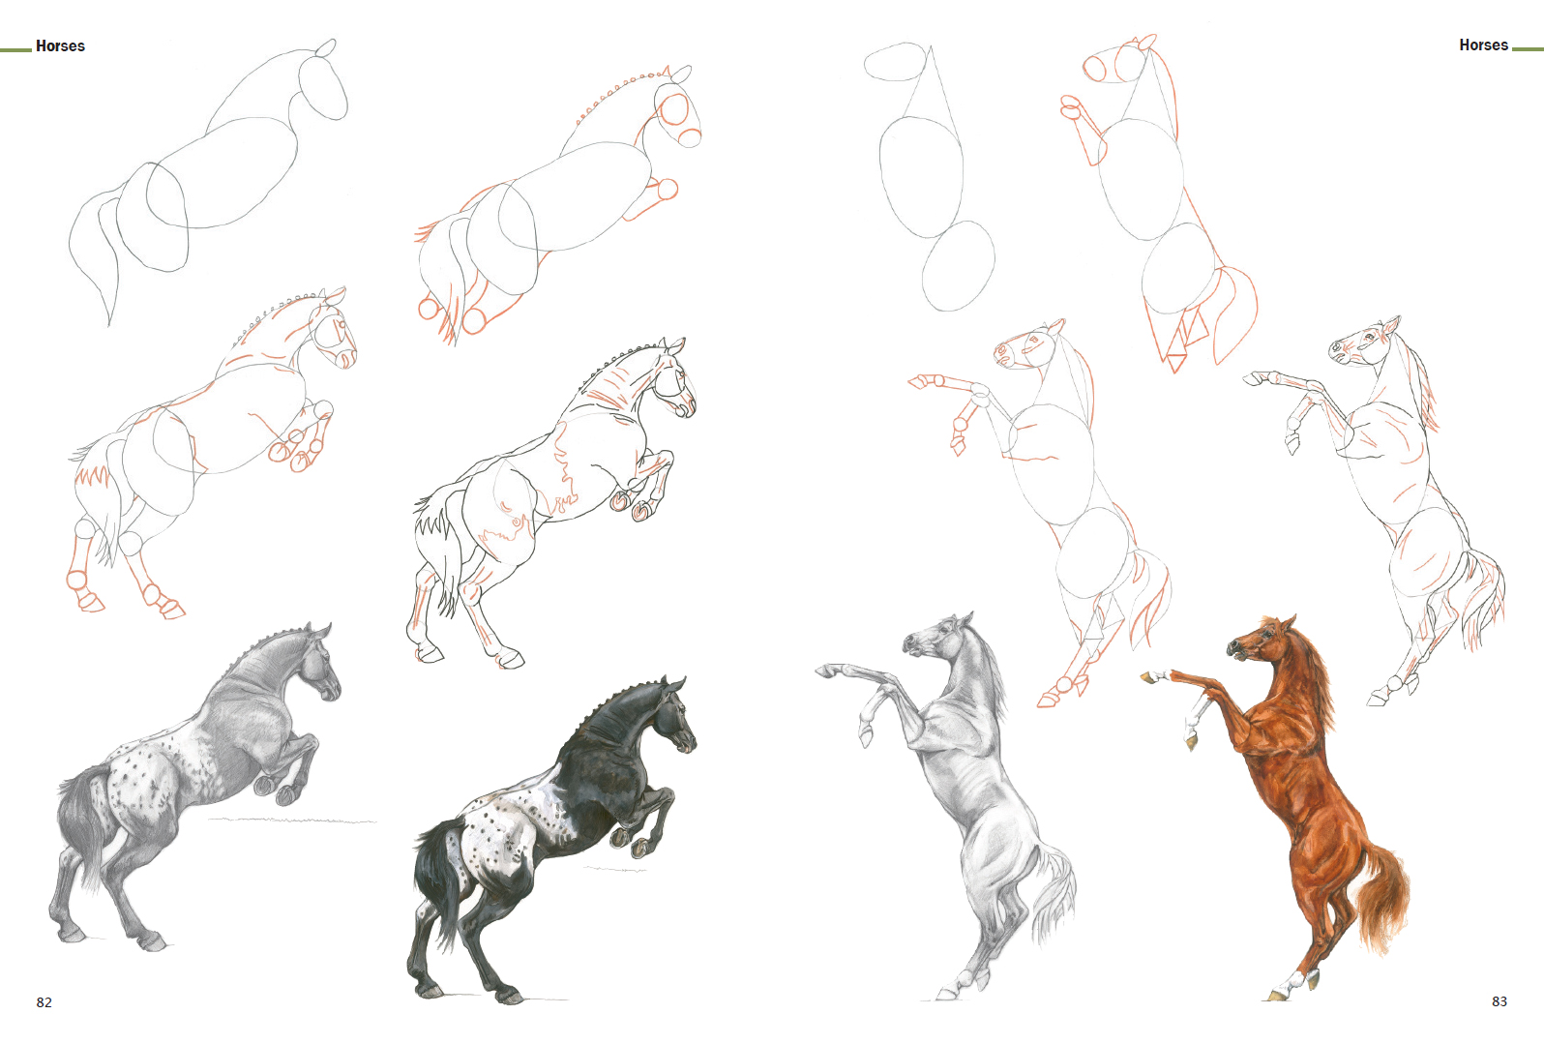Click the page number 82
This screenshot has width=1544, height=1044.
[x=45, y=1002]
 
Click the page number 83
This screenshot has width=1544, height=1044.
[x=1499, y=1001]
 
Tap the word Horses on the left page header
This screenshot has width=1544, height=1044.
[x=61, y=46]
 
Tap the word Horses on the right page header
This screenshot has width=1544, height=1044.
[x=1483, y=45]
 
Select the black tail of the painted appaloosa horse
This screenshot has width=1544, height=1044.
[x=435, y=876]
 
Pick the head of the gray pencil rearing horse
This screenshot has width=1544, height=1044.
[x=936, y=636]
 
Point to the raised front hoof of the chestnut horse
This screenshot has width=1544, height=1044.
[x=1147, y=678]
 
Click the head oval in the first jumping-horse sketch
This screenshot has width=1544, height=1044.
[x=323, y=85]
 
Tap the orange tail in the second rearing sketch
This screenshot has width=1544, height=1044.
[x=1233, y=313]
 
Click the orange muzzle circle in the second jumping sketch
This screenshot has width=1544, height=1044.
[x=689, y=137]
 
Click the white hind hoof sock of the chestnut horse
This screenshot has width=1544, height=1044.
[x=1297, y=979]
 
